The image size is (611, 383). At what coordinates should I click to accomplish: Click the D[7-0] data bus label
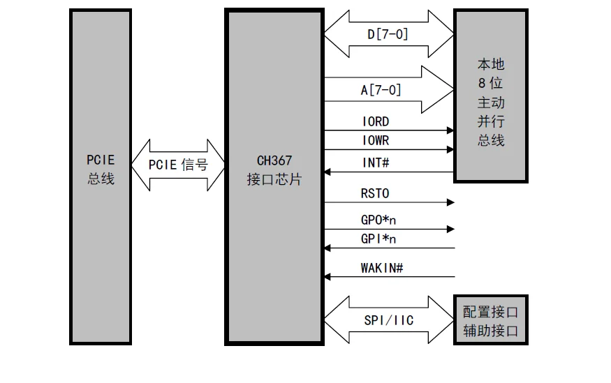pos(388,34)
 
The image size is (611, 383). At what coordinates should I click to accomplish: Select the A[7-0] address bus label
pos(381,90)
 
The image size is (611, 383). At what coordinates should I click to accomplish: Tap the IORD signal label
pos(376,121)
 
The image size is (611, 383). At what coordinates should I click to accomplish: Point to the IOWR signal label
pos(376,140)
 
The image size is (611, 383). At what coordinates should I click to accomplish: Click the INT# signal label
pos(376,163)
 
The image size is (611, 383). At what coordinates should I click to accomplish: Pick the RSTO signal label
pos(375,193)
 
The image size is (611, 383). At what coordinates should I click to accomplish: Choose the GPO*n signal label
pos(378,220)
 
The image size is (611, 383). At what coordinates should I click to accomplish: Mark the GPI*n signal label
pos(378,239)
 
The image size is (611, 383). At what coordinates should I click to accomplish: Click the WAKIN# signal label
pos(382,268)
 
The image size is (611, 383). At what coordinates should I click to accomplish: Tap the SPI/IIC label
pos(388,320)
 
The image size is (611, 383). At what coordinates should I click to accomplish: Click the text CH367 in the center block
pos(274,160)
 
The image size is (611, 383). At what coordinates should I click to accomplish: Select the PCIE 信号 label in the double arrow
pos(178,165)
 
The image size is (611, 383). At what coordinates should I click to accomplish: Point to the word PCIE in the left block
pos(101,160)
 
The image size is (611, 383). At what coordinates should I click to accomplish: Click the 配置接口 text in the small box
pos(491,312)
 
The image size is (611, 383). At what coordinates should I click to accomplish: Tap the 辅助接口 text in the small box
pos(491,331)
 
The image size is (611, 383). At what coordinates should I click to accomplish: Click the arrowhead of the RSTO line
pos(451,202)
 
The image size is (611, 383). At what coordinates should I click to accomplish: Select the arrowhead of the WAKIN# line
pos(327,277)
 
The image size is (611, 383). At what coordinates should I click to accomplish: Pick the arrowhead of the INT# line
pos(327,172)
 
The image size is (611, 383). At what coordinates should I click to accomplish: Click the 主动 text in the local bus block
pos(491,103)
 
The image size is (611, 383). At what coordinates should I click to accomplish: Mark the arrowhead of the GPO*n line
pos(451,230)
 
